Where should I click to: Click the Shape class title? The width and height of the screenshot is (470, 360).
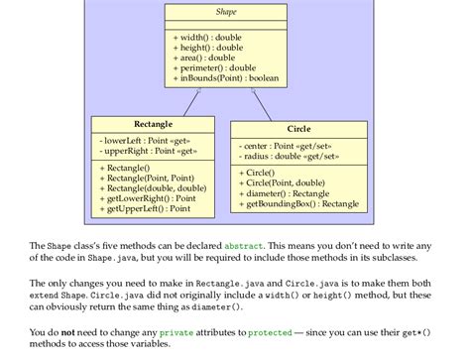click(225, 14)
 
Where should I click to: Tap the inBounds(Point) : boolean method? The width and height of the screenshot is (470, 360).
click(225, 78)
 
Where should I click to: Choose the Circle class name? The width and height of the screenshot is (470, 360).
click(298, 129)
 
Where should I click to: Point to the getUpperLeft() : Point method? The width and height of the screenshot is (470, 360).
click(147, 209)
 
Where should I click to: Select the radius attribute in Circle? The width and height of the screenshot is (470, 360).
click(287, 157)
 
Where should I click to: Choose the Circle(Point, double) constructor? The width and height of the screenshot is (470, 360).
click(283, 182)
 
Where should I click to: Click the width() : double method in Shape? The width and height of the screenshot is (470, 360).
click(207, 36)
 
